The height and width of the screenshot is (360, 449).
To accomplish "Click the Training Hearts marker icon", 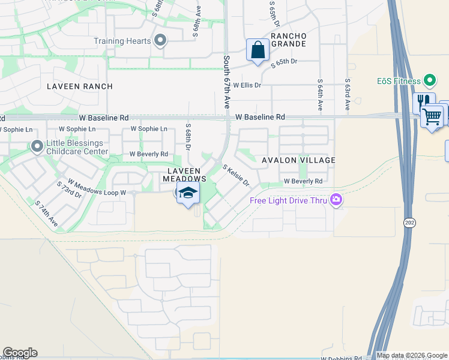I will (160, 41).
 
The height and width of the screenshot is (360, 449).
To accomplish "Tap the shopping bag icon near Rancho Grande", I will (258, 50).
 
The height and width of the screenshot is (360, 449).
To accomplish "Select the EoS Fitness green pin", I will (429, 80).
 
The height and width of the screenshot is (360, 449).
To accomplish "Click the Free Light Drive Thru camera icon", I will (336, 200).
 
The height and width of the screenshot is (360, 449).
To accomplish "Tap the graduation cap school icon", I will (188, 193).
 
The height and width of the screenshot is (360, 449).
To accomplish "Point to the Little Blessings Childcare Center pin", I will (37, 146).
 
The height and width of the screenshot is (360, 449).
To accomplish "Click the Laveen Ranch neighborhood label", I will (80, 86).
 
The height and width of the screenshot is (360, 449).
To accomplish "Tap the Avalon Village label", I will (298, 160).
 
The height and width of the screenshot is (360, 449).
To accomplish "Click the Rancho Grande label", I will (289, 40).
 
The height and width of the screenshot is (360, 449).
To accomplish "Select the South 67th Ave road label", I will (227, 82).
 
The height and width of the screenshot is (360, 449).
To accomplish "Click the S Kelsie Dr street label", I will (236, 176).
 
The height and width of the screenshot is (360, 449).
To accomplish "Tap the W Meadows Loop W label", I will (97, 187).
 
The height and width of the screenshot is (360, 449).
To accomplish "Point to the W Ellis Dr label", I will (247, 85).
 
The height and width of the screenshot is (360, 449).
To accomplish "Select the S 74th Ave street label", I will (46, 214).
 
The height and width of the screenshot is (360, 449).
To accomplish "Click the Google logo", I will (20, 353).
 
